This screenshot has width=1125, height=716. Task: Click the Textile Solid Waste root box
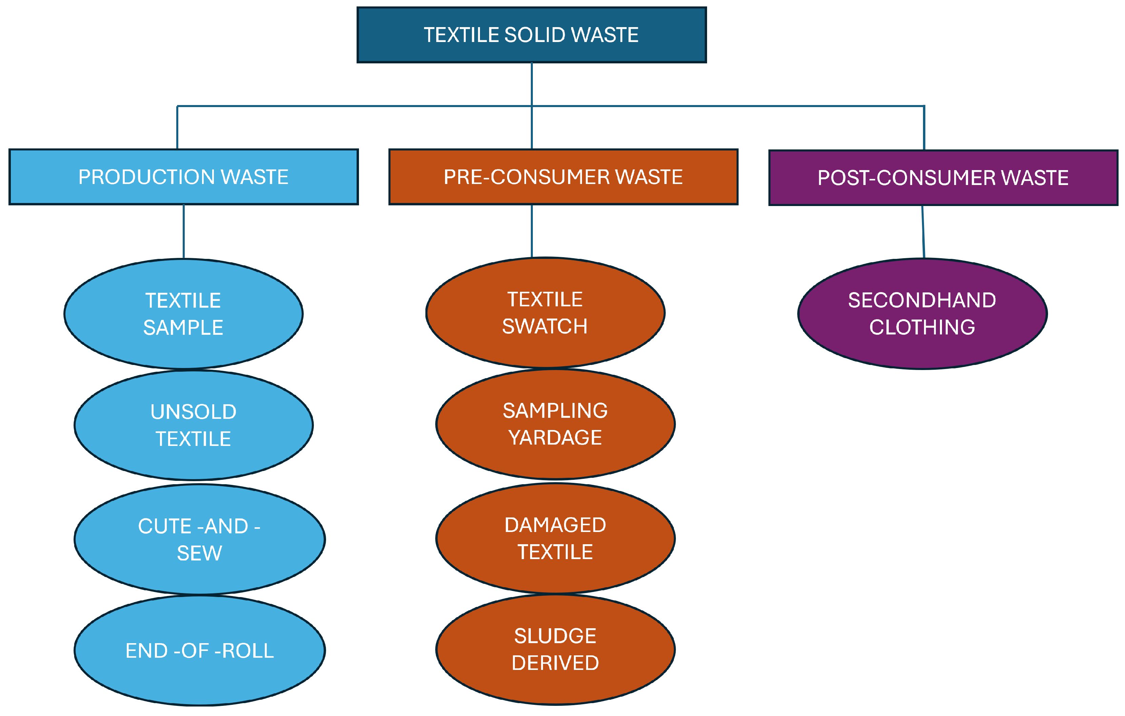pyautogui.click(x=531, y=35)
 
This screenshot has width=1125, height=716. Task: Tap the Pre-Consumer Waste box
pyautogui.click(x=563, y=177)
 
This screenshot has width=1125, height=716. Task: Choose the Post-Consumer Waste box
pyautogui.click(x=943, y=178)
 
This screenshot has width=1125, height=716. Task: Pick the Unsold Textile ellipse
pyautogui.click(x=194, y=425)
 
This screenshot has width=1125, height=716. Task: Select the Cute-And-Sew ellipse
pyautogui.click(x=200, y=539)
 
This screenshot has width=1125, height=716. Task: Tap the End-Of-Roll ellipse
pyautogui.click(x=200, y=651)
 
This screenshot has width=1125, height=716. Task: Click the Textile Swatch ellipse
pyautogui.click(x=545, y=312)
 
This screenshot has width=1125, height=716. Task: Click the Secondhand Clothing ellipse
pyautogui.click(x=922, y=314)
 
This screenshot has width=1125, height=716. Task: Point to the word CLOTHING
pyautogui.click(x=922, y=327)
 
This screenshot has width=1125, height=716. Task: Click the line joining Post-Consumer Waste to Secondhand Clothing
pyautogui.click(x=923, y=232)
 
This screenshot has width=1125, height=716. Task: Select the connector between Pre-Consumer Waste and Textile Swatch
pyautogui.click(x=532, y=231)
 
